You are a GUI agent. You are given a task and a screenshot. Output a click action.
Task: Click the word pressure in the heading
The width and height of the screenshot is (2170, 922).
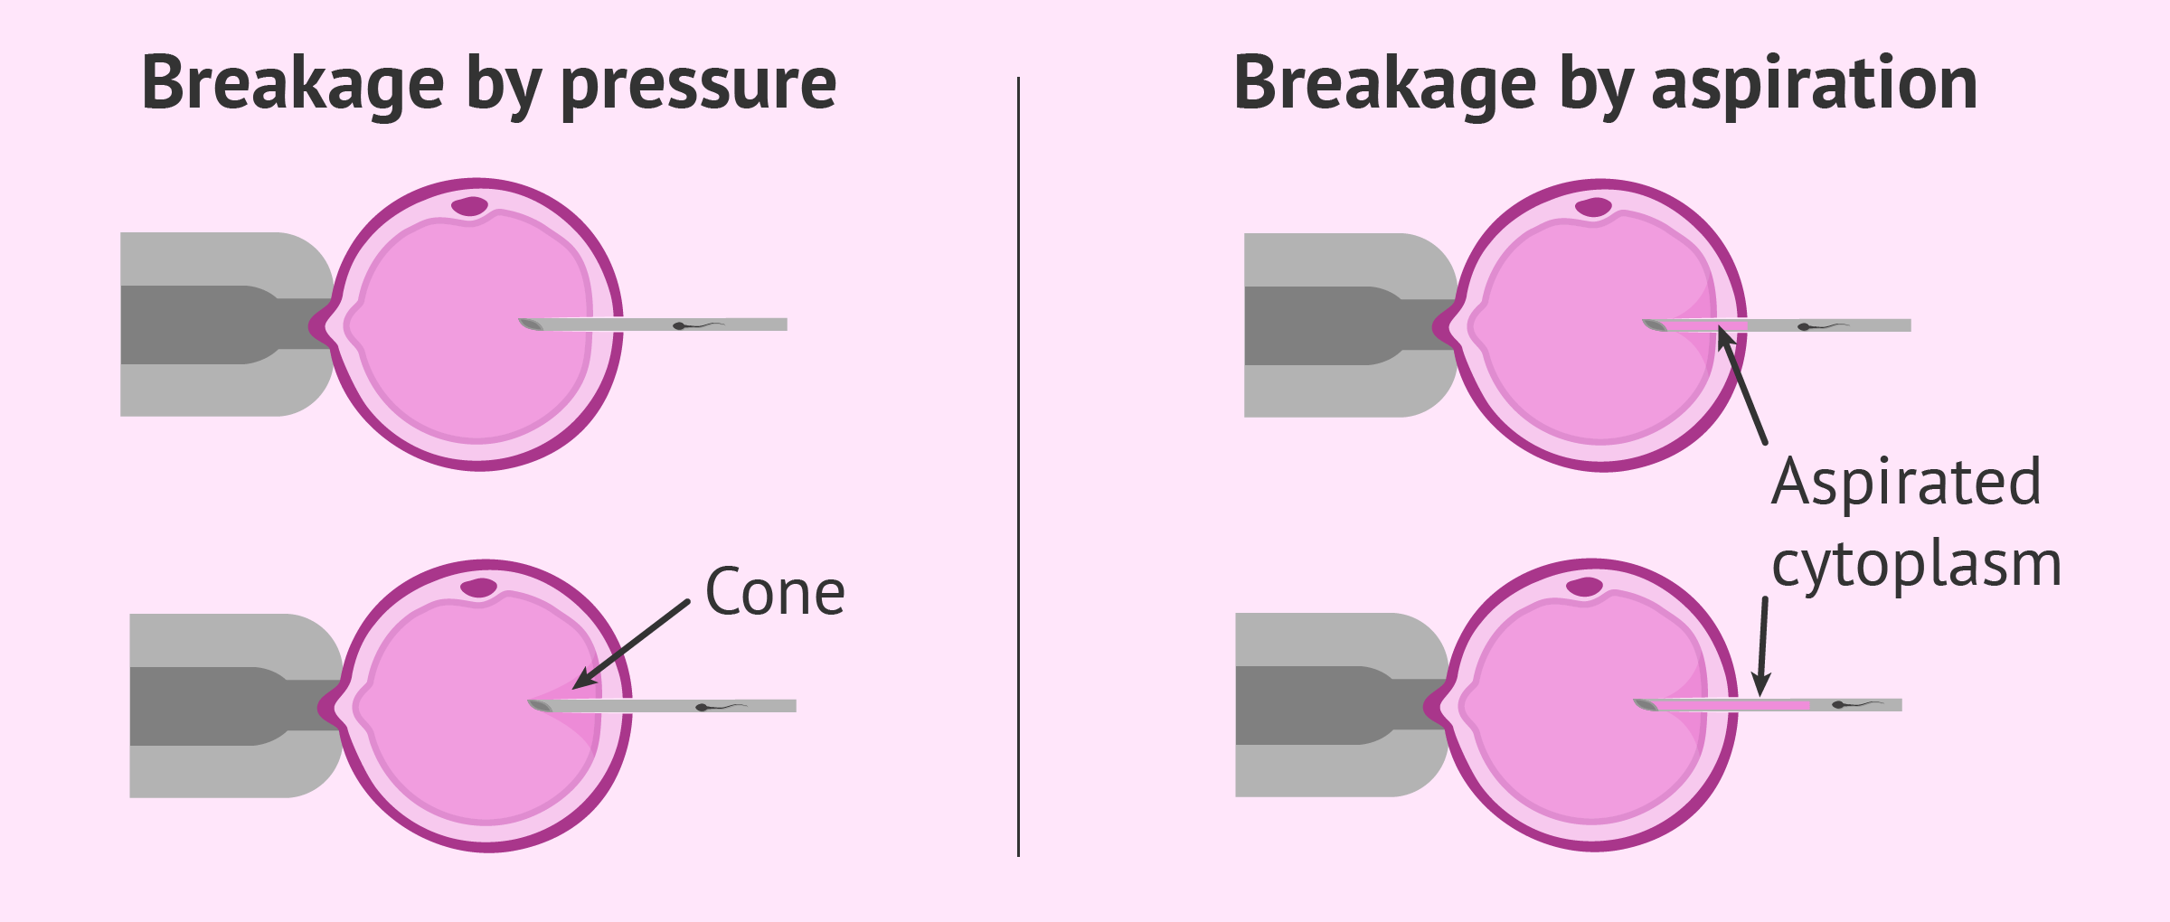click(698, 85)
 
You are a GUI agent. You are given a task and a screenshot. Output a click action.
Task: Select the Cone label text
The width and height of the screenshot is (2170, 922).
click(775, 593)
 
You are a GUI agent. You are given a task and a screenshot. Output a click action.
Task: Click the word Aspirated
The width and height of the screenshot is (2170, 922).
click(1906, 482)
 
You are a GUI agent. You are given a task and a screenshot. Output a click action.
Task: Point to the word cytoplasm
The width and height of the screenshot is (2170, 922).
click(1916, 565)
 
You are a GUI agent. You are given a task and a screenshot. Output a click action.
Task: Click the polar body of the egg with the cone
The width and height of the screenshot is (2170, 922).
click(478, 588)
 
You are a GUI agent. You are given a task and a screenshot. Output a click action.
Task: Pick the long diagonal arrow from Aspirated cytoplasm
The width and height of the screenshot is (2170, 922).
click(1742, 387)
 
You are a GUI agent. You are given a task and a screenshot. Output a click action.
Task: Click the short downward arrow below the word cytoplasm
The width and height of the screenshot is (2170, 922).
click(1761, 646)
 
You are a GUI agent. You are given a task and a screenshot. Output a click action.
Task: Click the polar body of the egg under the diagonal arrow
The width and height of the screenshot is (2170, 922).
click(1593, 207)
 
